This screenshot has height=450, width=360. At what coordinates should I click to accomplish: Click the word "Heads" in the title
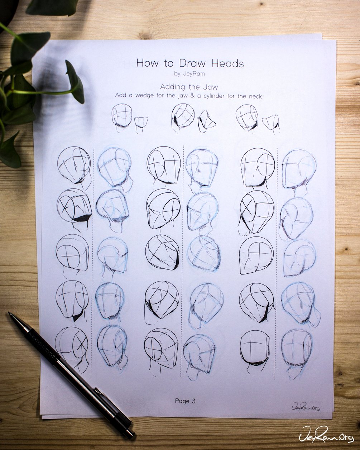point(227,63)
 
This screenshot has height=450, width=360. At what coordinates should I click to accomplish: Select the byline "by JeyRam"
point(189,74)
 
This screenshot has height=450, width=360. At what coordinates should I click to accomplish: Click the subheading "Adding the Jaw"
point(189,87)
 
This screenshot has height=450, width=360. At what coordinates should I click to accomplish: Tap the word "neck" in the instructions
point(256,96)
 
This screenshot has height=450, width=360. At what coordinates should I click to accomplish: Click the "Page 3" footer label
point(185,401)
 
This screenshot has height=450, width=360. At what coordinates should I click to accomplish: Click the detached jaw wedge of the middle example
point(206,122)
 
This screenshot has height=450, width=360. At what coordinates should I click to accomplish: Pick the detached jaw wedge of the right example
point(271,123)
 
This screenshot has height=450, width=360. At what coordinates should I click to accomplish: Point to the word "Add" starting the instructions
point(121,95)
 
